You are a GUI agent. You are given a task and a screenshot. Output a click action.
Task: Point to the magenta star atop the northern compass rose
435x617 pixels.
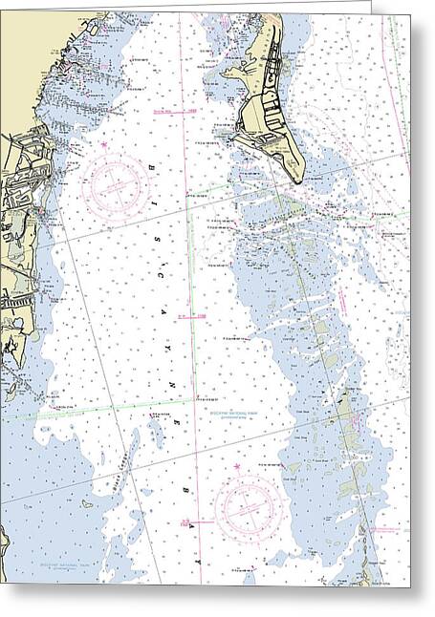point(103,144)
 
